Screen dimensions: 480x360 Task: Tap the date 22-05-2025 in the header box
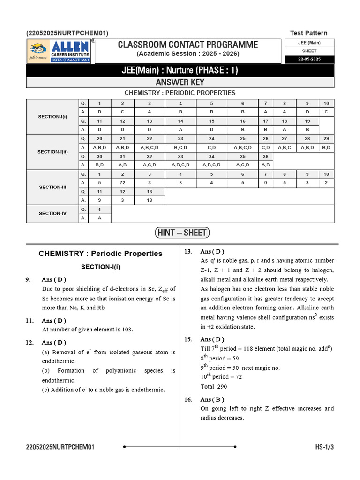[x=309, y=60]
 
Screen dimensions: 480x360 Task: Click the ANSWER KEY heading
[x=180, y=82]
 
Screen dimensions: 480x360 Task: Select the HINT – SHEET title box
[x=182, y=233]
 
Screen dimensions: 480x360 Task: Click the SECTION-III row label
[x=52, y=187]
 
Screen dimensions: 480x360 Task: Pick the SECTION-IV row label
[x=52, y=214]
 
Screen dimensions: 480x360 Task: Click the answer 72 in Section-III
[x=122, y=183]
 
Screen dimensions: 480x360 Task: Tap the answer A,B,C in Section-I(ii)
[x=285, y=147]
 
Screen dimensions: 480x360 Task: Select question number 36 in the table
[x=265, y=156]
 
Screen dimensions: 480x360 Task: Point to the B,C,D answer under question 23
[x=180, y=147]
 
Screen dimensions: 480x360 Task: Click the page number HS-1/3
[x=324, y=447]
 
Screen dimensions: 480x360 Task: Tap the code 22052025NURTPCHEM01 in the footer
[x=60, y=447]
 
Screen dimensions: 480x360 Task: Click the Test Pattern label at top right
[x=309, y=33]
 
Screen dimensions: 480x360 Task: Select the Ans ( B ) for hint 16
[x=212, y=399]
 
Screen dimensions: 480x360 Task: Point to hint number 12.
[x=30, y=343]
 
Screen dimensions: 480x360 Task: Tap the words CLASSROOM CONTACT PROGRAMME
[x=187, y=45]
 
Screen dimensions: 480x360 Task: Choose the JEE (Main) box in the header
[x=309, y=43]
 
